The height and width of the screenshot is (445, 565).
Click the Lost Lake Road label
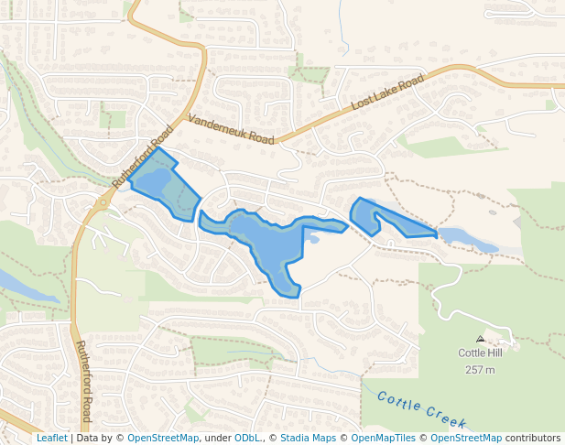click(388, 94)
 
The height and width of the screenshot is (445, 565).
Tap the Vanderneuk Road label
click(231, 129)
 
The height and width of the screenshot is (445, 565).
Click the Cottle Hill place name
click(480, 353)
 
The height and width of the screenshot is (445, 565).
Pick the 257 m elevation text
click(480, 369)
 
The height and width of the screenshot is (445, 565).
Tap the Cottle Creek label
click(422, 410)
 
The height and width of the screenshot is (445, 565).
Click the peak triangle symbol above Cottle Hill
click(480, 339)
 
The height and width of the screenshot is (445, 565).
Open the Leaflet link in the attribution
click(52, 438)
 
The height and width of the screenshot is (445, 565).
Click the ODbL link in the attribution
click(247, 438)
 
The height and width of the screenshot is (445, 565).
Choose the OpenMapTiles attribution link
click(380, 438)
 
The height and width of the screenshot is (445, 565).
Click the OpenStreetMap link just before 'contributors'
click(466, 438)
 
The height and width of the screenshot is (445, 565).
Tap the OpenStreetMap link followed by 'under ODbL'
click(163, 438)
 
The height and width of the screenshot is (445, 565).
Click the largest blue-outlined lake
click(266, 243)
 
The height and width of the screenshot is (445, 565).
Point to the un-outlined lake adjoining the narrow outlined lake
click(468, 241)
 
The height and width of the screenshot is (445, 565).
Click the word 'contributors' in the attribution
click(533, 438)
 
